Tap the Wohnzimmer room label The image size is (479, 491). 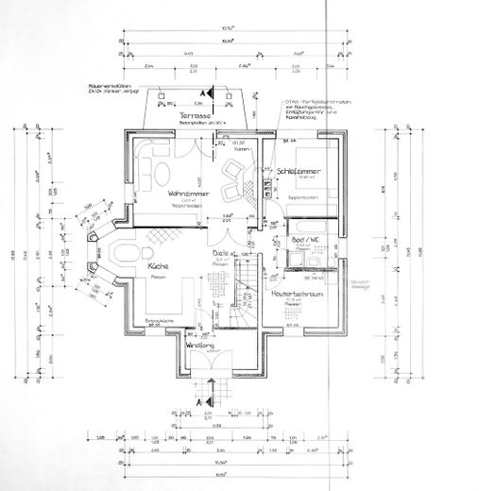click(187, 193)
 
